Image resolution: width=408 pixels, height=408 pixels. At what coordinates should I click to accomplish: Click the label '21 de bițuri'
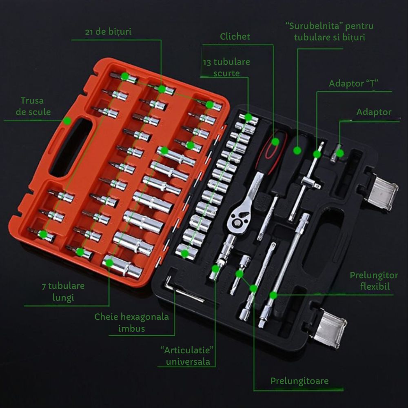tap(108, 32)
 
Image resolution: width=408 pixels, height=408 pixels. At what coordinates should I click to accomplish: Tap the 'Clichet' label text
tap(235, 36)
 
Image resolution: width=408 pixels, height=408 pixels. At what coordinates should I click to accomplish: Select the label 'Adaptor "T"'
tap(353, 84)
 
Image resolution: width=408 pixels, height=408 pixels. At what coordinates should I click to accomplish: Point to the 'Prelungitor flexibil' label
tap(374, 281)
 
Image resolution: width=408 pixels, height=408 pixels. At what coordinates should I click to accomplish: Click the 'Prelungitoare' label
tap(299, 381)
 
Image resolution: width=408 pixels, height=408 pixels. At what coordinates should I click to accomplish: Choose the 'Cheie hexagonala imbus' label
tap(131, 322)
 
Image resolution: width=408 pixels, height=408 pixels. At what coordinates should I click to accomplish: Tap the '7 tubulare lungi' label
tap(63, 291)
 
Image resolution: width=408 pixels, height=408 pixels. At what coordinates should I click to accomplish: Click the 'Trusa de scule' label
tap(33, 106)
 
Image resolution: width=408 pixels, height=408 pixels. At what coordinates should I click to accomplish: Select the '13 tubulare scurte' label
tap(226, 67)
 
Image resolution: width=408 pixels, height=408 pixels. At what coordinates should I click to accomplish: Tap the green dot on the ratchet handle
tap(275, 142)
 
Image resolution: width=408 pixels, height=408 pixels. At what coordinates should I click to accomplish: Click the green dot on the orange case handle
tap(67, 121)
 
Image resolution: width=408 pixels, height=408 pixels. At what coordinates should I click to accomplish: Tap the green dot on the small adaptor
tap(340, 153)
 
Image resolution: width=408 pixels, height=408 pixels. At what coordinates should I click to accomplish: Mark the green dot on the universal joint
tap(215, 268)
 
